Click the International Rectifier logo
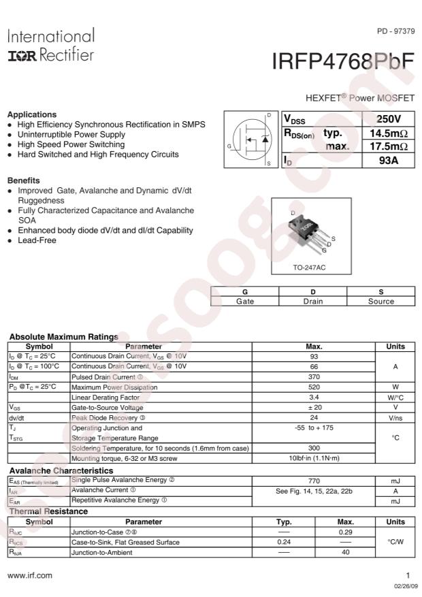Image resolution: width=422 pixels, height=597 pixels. coord(50,45)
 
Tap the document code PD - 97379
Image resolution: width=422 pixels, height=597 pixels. coord(395,32)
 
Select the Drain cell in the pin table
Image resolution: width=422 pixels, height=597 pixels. coord(312,301)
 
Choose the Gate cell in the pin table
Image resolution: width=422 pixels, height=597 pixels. coord(245,301)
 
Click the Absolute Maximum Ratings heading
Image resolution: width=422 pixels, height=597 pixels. coord(63,336)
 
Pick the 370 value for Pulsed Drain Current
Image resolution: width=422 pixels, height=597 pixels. coord(314,376)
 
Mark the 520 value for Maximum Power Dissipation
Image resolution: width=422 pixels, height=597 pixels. coord(314,387)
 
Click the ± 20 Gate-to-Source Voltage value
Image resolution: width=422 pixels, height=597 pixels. coord(314,406)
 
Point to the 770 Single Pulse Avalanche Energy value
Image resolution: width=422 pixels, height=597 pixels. coord(314,480)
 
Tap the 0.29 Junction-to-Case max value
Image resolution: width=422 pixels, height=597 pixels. coord(346,532)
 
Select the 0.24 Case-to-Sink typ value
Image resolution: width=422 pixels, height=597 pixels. coord(284,542)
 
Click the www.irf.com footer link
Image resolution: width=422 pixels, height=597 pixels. coord(29,575)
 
